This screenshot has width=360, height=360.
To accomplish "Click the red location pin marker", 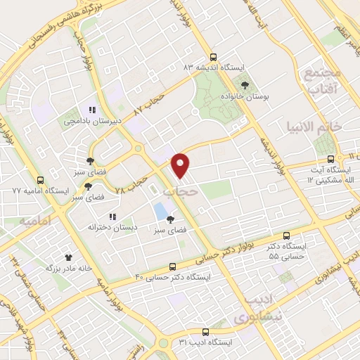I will (x=181, y=165).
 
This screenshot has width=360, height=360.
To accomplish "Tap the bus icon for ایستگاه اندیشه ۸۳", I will (x=214, y=57).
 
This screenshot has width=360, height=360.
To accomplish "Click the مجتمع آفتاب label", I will (x=323, y=80).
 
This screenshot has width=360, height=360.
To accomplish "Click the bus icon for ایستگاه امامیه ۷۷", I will (x=41, y=179).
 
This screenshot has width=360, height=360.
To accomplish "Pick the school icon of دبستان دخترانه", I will (x=112, y=216).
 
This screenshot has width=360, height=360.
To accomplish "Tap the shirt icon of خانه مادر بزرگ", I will (x=69, y=257).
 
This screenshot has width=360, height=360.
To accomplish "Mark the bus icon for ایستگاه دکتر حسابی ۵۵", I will (x=286, y=237).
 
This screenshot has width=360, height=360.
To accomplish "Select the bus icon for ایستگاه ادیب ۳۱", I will (x=205, y=331).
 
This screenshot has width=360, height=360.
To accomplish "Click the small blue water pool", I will (x=161, y=210).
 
